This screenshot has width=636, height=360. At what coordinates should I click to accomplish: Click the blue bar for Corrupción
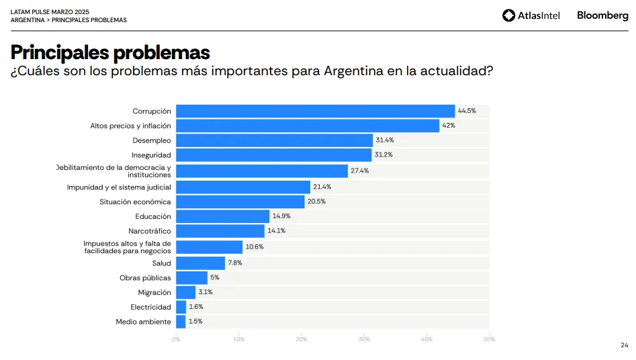click(x=316, y=111)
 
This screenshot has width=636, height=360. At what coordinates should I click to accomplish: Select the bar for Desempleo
click(x=274, y=140)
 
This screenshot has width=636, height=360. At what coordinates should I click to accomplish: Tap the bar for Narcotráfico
click(x=220, y=231)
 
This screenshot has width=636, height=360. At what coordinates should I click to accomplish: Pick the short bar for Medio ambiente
click(x=181, y=322)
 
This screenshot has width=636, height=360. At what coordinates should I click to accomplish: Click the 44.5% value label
click(x=467, y=111)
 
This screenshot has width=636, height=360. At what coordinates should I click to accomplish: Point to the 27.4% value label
click(x=360, y=171)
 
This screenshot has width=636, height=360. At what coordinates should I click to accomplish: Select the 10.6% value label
click(x=255, y=247)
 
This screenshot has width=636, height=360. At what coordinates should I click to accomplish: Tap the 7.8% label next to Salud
click(x=235, y=263)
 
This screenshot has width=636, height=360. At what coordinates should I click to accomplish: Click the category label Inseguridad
click(x=151, y=155)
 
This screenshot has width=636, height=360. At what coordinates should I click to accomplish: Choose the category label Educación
click(x=153, y=216)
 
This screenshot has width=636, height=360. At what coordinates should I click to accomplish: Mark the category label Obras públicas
click(x=145, y=278)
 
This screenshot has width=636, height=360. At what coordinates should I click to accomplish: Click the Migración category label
click(x=154, y=293)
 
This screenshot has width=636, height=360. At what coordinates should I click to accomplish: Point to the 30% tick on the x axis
click(x=364, y=339)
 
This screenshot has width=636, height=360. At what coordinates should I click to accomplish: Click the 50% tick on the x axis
click(x=489, y=339)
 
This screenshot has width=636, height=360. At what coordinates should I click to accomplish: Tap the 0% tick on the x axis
click(x=176, y=339)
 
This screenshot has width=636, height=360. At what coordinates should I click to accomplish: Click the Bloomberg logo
click(x=602, y=15)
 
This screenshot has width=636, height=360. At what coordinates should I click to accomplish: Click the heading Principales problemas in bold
click(x=110, y=52)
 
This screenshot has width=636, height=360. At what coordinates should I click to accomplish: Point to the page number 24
click(x=624, y=345)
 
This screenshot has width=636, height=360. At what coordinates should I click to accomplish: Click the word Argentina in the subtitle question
click(x=354, y=71)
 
